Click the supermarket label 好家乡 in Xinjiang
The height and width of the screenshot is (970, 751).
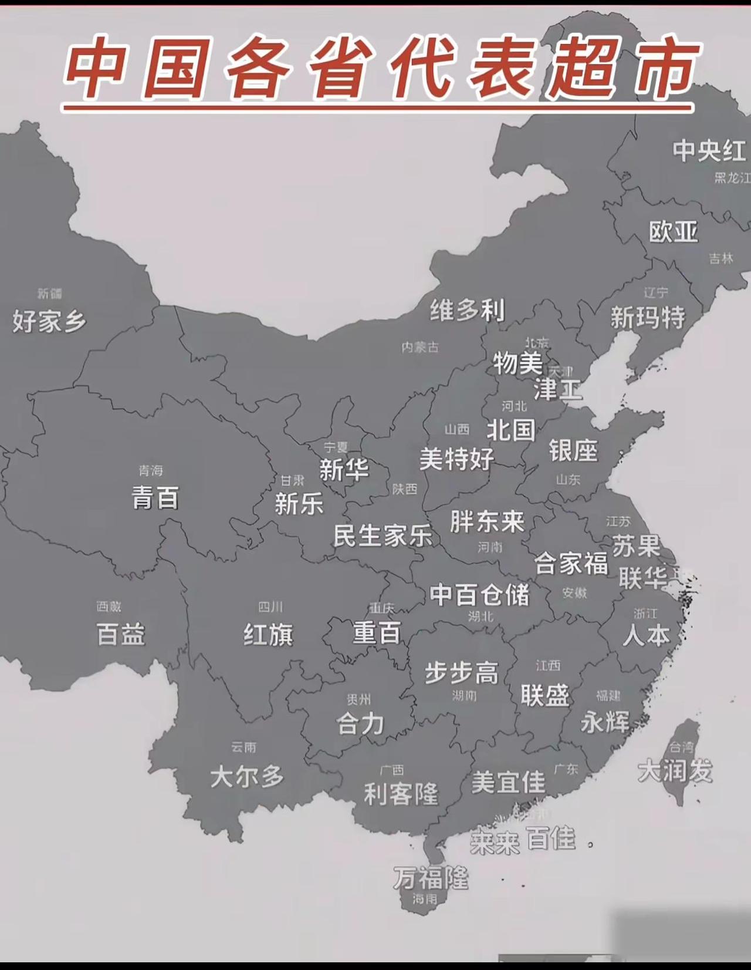[x=49, y=321]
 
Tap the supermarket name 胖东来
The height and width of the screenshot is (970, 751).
[x=487, y=521]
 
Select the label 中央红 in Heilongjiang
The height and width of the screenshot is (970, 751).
[x=709, y=150]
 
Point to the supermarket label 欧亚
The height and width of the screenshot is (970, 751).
[x=673, y=231]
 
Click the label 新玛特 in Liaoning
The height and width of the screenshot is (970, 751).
[x=648, y=318]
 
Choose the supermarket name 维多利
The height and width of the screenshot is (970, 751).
[x=467, y=310]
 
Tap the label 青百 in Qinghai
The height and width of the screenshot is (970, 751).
[x=155, y=498]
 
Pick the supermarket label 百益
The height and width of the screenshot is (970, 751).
[x=120, y=635]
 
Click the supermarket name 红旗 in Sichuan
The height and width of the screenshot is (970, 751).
[x=268, y=635]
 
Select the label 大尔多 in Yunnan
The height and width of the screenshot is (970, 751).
[x=247, y=777]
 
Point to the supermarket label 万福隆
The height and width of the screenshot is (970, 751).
[x=431, y=878]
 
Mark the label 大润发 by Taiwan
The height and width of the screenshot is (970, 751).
[x=675, y=770]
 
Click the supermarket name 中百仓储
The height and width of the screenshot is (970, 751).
[x=479, y=594]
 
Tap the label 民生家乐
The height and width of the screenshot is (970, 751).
[x=383, y=535]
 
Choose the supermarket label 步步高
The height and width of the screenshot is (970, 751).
[x=462, y=673]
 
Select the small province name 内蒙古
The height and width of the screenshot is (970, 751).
[x=420, y=347]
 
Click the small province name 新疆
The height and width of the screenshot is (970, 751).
[x=49, y=293]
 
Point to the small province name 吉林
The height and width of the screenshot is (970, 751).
[x=721, y=258]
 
